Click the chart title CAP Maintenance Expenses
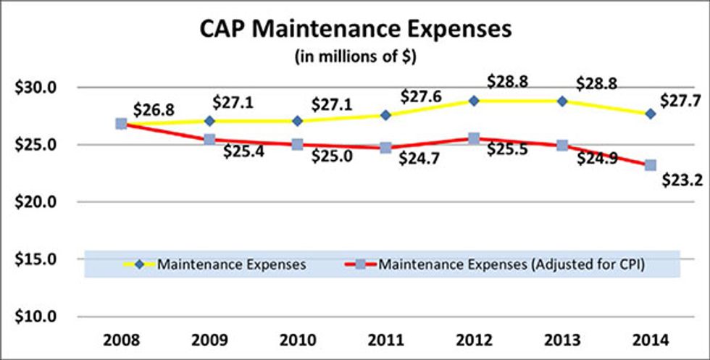[355, 31]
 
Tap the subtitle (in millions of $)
[355, 57]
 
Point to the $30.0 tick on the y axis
[35, 88]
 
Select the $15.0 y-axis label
[35, 259]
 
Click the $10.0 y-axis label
[35, 317]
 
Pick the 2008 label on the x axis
[120, 340]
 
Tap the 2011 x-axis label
[385, 340]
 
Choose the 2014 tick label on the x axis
[651, 340]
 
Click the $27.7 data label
[683, 100]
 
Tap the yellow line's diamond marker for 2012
[474, 101]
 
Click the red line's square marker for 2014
[651, 165]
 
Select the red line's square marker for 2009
[209, 139]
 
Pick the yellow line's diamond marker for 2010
[297, 120]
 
